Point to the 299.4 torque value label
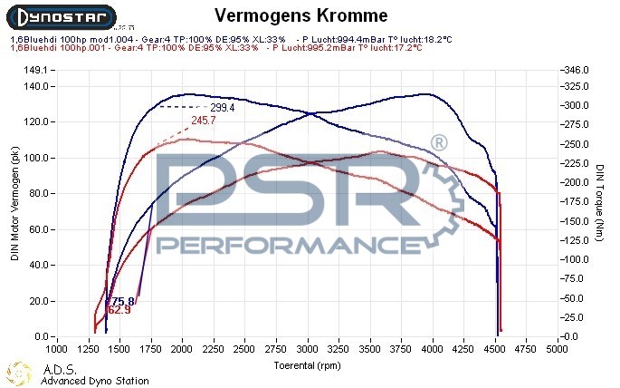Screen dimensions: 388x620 223,107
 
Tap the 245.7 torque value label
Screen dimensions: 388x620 204,120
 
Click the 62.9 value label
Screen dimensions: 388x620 119,310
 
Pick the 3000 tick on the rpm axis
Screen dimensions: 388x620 308,347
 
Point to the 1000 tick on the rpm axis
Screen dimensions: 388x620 56,347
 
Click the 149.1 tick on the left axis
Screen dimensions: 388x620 33,70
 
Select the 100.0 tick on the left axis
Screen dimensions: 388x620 33,158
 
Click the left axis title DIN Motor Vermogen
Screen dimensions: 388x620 14,204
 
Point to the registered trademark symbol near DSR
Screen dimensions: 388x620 437,143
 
